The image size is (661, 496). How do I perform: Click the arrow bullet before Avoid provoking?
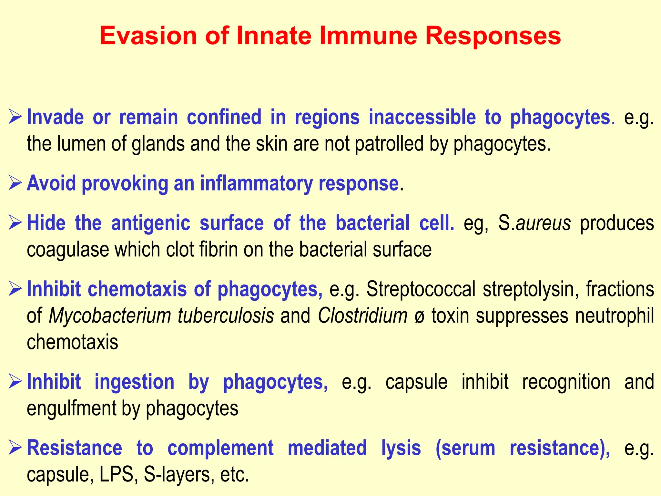tap(15, 183)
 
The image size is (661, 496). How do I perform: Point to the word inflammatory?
tap(256, 183)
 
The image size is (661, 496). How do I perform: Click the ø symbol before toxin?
tap(419, 316)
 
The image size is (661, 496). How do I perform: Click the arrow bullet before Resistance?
tap(15, 448)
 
